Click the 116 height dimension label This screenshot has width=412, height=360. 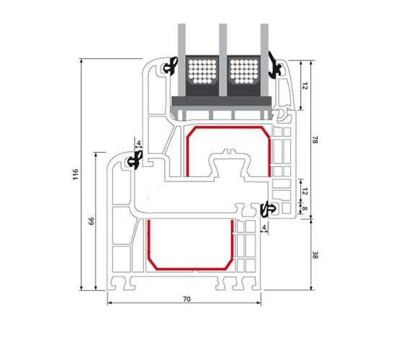point(76,174)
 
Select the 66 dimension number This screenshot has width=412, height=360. point(91,221)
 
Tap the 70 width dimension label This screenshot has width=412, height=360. point(187,299)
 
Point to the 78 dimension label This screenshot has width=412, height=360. point(315,140)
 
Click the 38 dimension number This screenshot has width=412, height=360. point(315,255)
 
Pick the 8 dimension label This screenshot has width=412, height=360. point(304,209)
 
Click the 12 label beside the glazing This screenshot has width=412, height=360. point(304,86)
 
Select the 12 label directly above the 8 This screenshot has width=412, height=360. point(304,192)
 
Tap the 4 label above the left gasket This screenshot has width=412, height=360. point(139,143)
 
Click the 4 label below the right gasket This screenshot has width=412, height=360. point(264,227)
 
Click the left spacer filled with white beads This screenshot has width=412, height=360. point(202,71)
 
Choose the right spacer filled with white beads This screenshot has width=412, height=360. point(244,71)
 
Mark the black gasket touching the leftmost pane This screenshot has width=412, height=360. point(171,66)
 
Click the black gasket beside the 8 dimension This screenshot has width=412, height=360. point(268,210)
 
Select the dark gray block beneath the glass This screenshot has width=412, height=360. point(222,102)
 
